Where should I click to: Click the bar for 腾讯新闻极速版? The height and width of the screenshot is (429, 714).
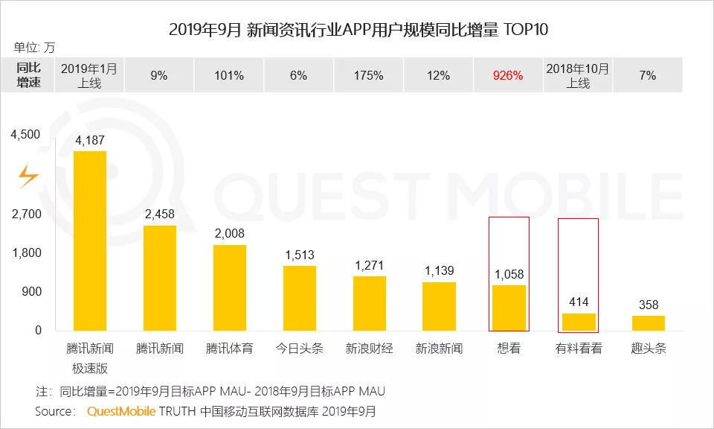[x=90, y=241]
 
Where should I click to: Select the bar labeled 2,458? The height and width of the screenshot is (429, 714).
[x=160, y=278]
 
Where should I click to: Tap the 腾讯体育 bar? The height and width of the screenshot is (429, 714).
[x=230, y=287]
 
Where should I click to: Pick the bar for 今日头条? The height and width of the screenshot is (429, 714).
[x=300, y=298]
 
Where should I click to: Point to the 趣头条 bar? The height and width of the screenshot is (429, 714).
[x=648, y=322]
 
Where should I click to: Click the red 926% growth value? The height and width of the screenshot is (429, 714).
[x=508, y=75]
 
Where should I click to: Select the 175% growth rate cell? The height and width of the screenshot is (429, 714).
[x=369, y=75]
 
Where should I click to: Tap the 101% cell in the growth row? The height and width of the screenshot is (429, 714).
[x=229, y=75]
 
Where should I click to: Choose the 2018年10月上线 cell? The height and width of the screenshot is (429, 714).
[x=578, y=75]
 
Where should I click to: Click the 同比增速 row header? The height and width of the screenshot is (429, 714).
[x=28, y=75]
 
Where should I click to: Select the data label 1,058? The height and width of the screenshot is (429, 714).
[x=509, y=274]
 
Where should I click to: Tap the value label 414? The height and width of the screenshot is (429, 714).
[x=579, y=302]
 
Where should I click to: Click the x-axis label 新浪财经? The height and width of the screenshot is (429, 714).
[x=369, y=348]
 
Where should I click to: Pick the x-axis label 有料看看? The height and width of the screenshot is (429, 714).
[x=579, y=348]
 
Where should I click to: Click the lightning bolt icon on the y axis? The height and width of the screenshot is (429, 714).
[x=28, y=176]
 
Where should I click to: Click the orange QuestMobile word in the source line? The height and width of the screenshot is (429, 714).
[x=121, y=411]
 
